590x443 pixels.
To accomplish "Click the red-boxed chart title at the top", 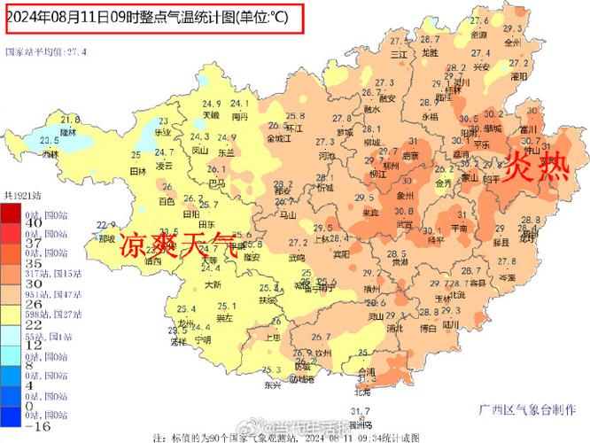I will pos(153,17).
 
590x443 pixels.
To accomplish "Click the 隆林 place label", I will pos(69,130).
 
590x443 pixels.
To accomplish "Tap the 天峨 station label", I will pos(210,115).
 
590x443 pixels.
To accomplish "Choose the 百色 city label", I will pos(167,201).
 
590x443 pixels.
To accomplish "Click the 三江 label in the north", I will pos(400,55).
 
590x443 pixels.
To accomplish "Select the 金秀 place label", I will pos(442,183).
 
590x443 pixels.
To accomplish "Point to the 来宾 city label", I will pos(373,214).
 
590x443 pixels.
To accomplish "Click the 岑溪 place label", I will pos(507,277).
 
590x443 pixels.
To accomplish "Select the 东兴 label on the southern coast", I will pos(272,385).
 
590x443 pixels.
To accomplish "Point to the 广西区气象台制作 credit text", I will pos(528,409).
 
